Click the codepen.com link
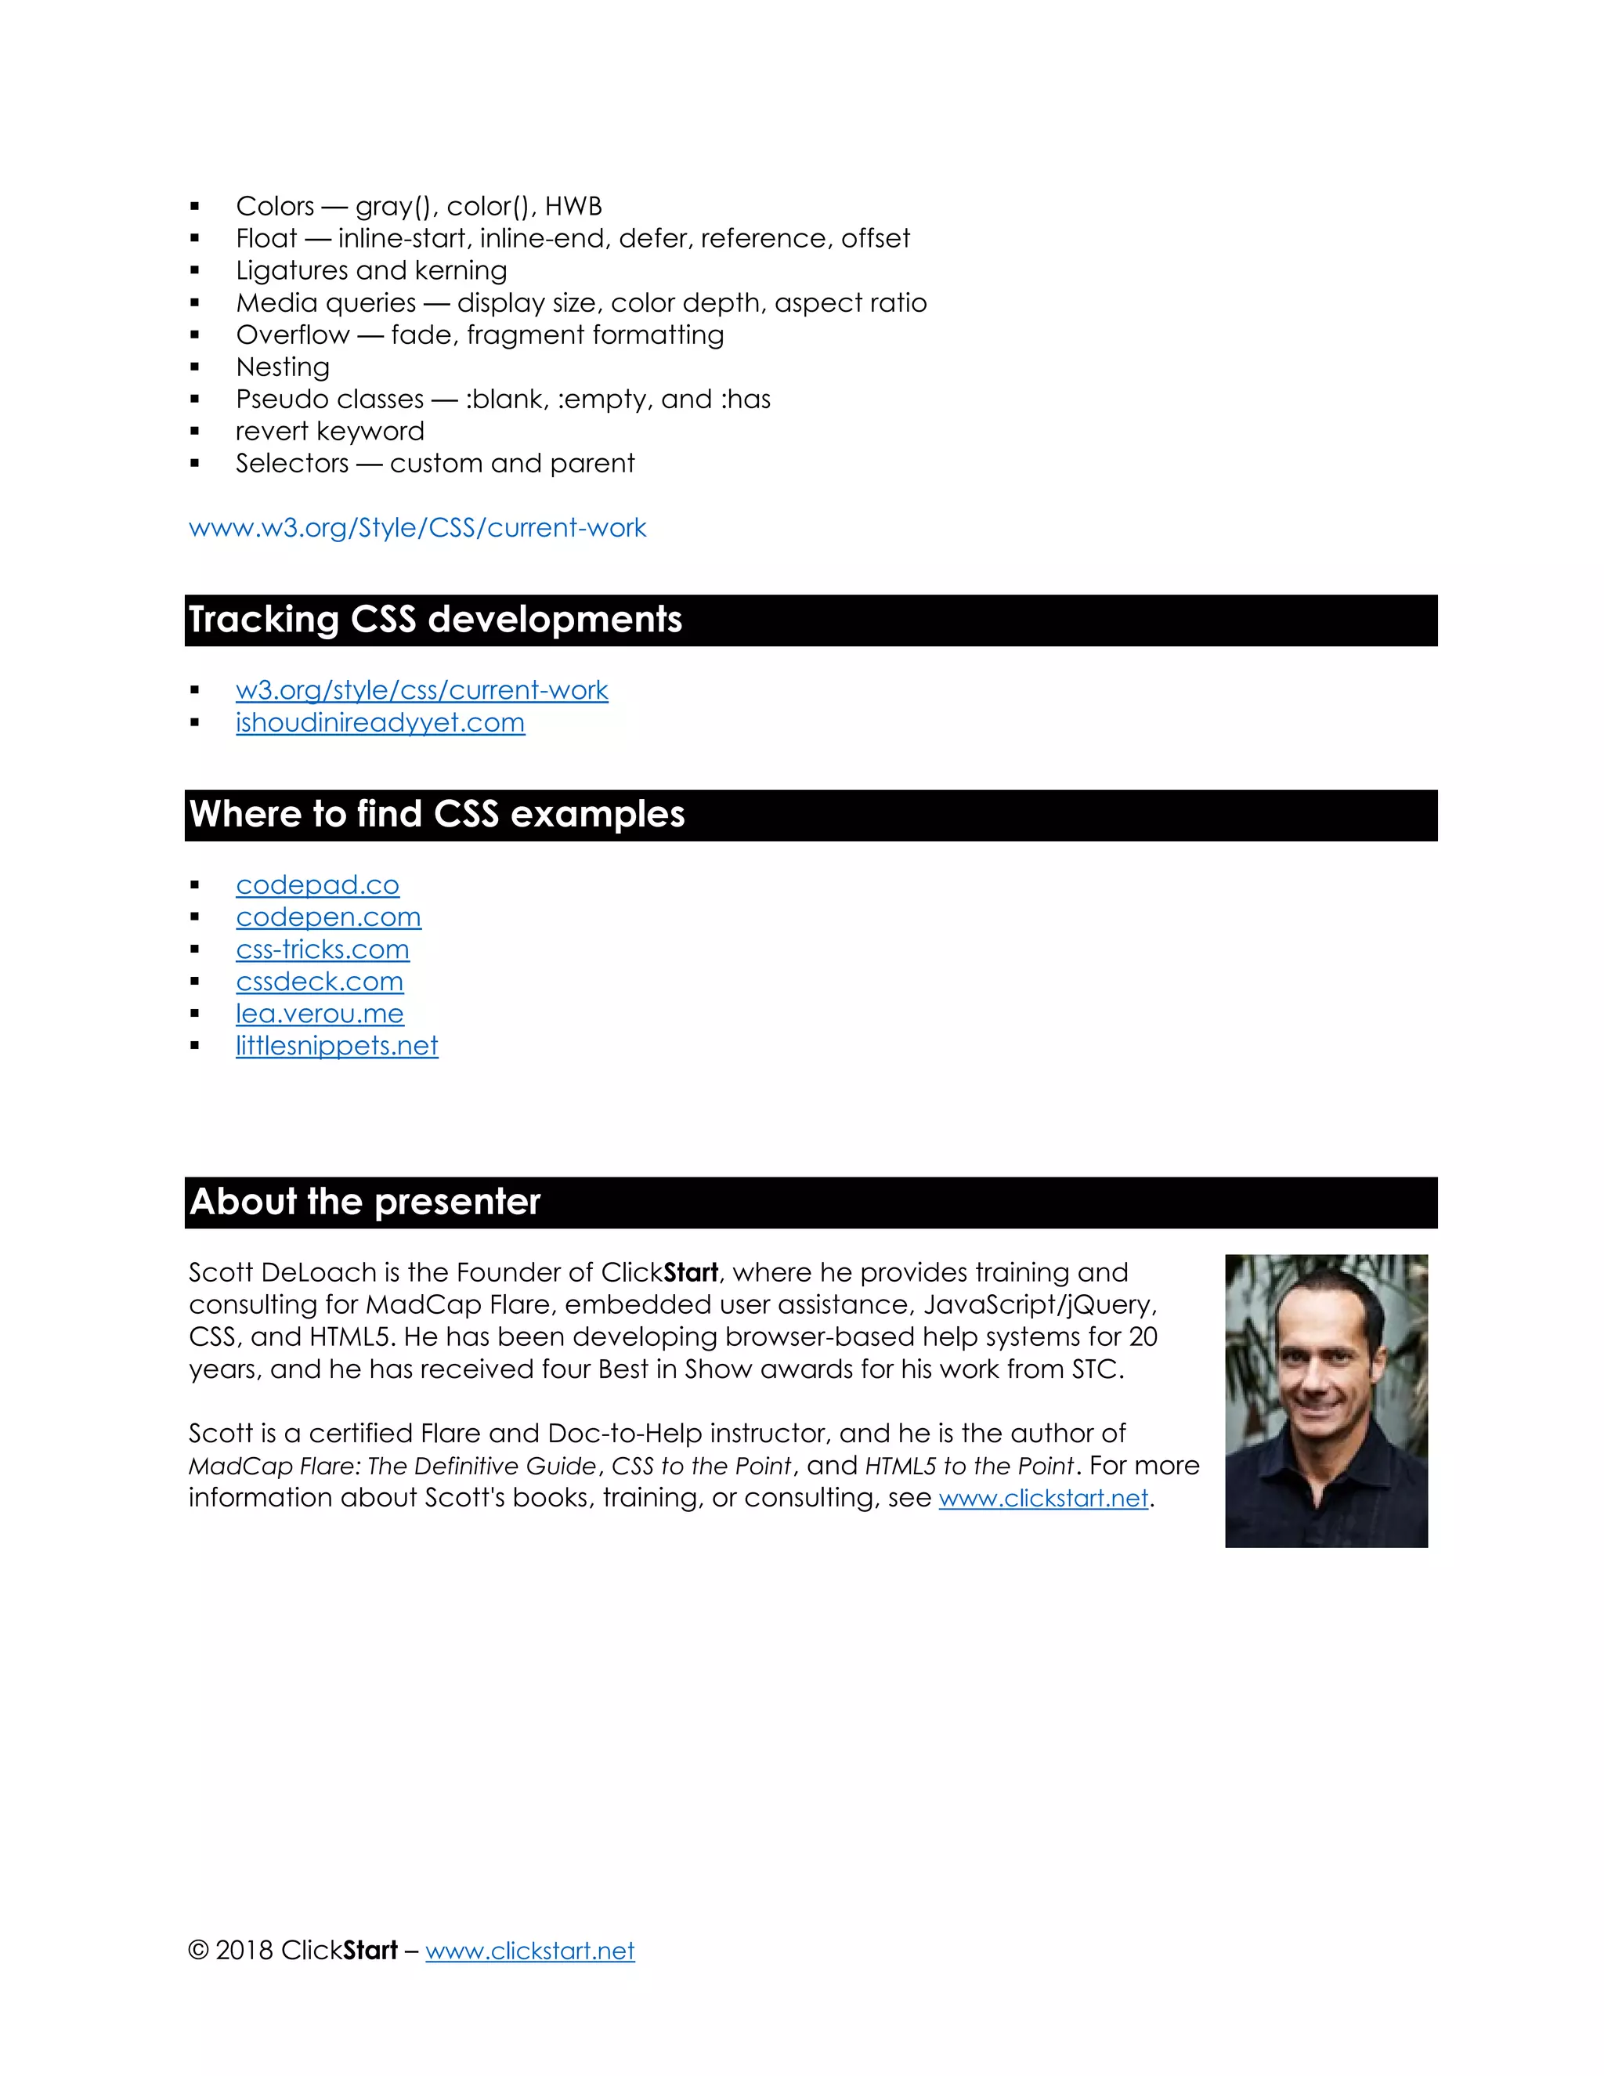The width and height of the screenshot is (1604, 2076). [328, 917]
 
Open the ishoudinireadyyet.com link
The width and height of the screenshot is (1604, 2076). [380, 722]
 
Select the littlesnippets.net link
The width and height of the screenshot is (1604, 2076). [336, 1046]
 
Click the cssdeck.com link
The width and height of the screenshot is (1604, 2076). [320, 981]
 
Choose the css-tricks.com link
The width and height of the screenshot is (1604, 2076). [322, 949]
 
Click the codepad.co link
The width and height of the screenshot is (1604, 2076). [317, 885]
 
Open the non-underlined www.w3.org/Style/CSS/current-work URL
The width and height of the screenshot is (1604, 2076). [417, 527]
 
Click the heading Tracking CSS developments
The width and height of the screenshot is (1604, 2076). [435, 620]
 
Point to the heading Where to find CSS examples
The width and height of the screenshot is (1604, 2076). [436, 815]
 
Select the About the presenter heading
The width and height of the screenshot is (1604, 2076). [365, 1202]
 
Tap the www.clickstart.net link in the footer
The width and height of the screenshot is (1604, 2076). [529, 1951]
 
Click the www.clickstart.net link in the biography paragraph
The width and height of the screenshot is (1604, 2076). [1043, 1498]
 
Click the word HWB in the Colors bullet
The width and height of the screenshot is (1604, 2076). [573, 206]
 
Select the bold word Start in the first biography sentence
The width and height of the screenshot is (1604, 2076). [690, 1273]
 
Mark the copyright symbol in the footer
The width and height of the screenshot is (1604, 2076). [197, 1951]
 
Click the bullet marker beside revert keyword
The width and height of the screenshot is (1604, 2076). [195, 432]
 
